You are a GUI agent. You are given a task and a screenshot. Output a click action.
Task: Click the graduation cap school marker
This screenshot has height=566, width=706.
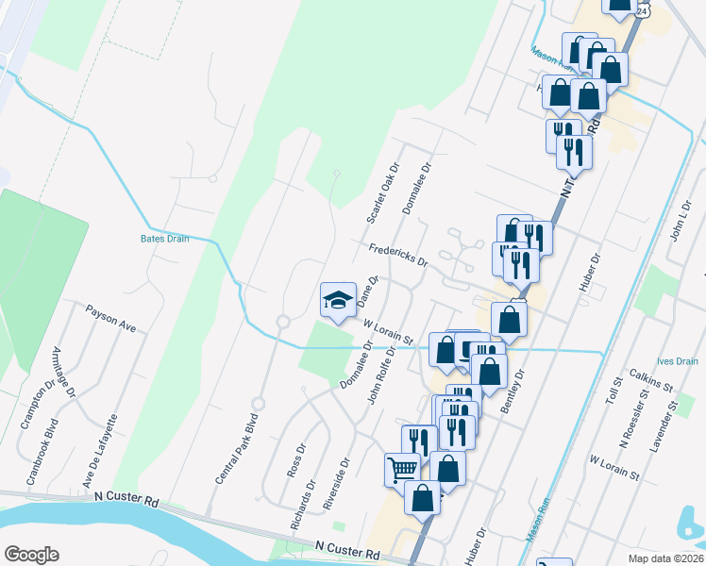(337, 300)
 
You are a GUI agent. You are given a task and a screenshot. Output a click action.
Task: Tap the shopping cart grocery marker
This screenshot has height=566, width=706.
(403, 469)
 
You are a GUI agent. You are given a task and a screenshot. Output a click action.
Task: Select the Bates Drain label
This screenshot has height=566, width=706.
(165, 239)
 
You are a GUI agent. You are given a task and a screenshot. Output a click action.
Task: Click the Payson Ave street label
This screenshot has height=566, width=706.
(111, 318)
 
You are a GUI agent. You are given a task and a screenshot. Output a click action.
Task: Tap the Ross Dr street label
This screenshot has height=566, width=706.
(296, 460)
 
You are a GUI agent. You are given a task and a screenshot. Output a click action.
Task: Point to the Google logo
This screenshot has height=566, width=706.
(30, 555)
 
